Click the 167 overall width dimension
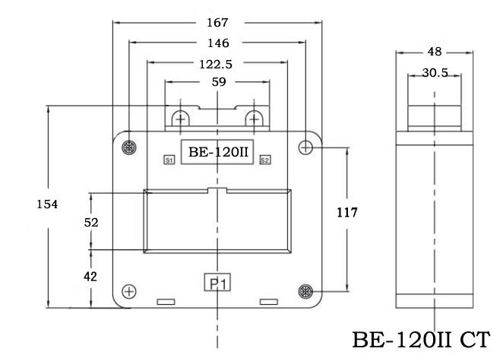pos(218,23)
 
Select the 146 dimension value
pos(218,43)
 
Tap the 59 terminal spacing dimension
pos(219,82)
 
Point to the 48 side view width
pos(434,52)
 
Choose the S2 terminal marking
pos(264,160)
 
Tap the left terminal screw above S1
pos(181,120)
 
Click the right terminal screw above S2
pos(255,120)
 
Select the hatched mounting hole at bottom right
pos(305,291)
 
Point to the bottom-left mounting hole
pos(128,291)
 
